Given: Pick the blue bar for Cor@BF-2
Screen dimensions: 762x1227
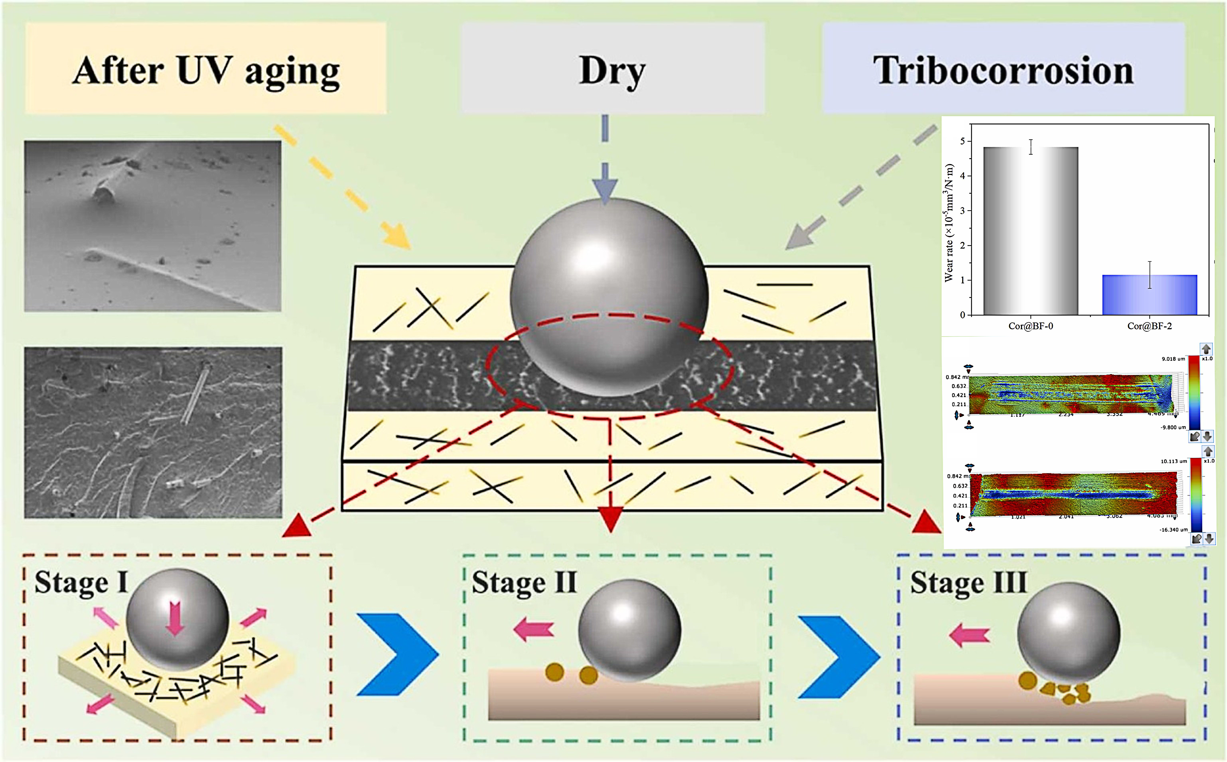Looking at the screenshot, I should tap(1149, 295).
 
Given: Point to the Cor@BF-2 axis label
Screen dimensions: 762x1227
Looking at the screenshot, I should tap(1149, 326).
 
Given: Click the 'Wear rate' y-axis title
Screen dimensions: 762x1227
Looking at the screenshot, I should tap(949, 222).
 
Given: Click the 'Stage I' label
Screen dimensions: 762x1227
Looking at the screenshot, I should tap(80, 583).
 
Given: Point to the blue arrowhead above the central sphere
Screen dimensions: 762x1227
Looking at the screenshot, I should tap(605, 189).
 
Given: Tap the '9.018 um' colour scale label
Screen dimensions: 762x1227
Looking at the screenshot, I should tap(1173, 359).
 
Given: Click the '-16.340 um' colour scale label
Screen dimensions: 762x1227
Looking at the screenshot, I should tap(1173, 530).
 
